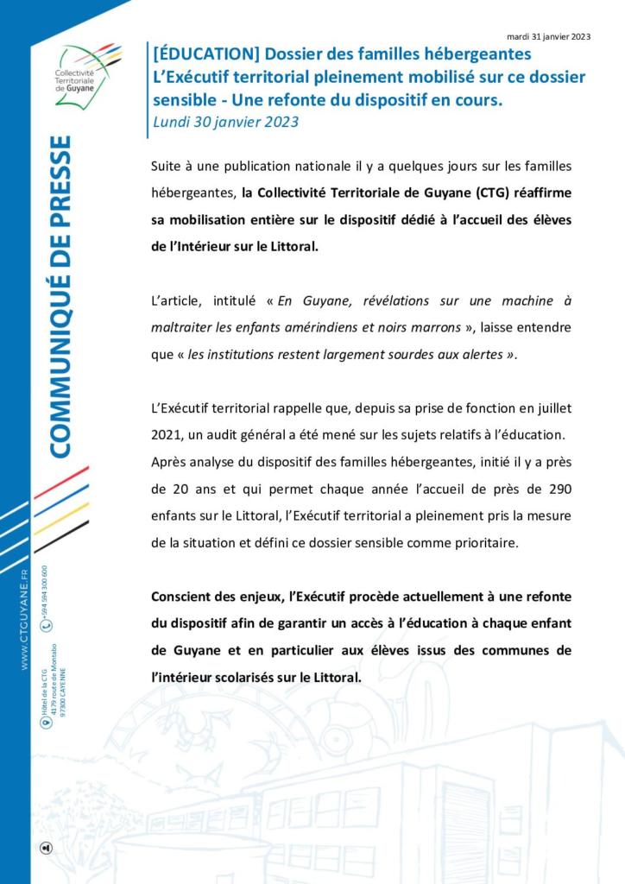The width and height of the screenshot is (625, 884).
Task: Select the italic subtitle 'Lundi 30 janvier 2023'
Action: click(x=225, y=122)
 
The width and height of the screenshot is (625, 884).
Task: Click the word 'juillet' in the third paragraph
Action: click(x=552, y=407)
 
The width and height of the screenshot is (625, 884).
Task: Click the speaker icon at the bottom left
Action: click(x=46, y=848)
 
